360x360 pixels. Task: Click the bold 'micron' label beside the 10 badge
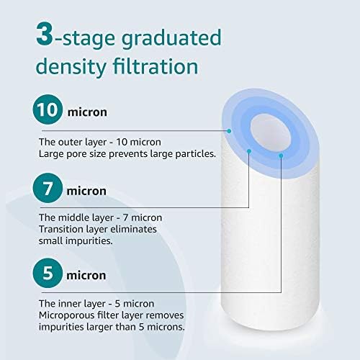click(x=87, y=112)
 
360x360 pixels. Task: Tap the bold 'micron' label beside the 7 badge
click(x=87, y=192)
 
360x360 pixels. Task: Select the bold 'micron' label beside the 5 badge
click(x=87, y=276)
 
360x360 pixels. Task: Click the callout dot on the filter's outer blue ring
click(x=229, y=130)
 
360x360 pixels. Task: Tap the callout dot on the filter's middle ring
click(x=249, y=151)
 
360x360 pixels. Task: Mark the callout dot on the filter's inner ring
click(x=281, y=153)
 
